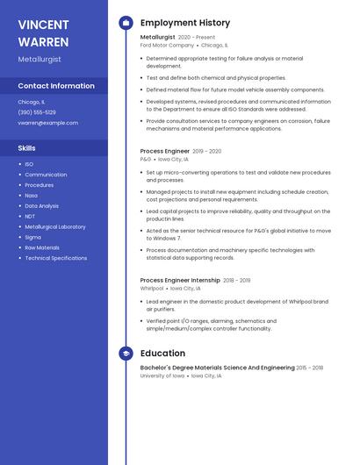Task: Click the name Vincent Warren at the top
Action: tap(45, 32)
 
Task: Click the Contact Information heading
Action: tap(56, 86)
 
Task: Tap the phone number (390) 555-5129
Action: tap(37, 112)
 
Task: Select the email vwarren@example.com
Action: tap(47, 123)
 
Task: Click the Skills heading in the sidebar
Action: tap(27, 148)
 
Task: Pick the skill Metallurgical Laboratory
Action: tap(55, 227)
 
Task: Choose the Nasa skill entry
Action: tap(31, 196)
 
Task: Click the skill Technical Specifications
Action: tap(56, 258)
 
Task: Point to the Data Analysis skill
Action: tap(42, 206)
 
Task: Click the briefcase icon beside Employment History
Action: tap(126, 23)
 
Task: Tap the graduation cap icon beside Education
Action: tap(126, 354)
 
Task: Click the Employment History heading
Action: tap(185, 23)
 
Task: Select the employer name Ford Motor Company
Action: tap(167, 45)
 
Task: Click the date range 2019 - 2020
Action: tap(206, 151)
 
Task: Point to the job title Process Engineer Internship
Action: tap(180, 280)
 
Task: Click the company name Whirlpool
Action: tap(152, 288)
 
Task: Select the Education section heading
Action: tap(162, 354)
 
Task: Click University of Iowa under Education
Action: tap(162, 376)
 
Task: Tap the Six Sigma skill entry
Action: tap(32, 237)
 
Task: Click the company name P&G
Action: tap(146, 160)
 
